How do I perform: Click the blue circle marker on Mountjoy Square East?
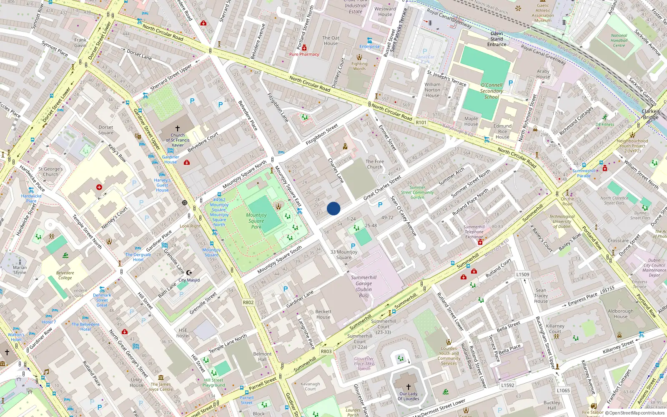333,208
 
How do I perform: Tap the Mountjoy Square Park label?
256,221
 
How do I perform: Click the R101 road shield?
421,123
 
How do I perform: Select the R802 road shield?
248,303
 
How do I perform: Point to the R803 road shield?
326,352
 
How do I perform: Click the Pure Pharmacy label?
304,54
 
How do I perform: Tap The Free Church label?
374,164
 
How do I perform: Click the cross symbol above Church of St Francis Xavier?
178,128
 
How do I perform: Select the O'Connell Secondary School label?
491,91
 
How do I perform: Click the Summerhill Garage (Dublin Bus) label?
364,286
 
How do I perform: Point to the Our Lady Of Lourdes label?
408,396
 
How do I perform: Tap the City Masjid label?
189,280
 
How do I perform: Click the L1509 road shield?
522,274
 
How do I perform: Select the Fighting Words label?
359,66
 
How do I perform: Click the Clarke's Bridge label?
651,114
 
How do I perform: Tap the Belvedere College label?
65,275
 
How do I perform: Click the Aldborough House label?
620,314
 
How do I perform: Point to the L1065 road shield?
563,391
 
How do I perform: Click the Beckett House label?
323,314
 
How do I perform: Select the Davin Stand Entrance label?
496,39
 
